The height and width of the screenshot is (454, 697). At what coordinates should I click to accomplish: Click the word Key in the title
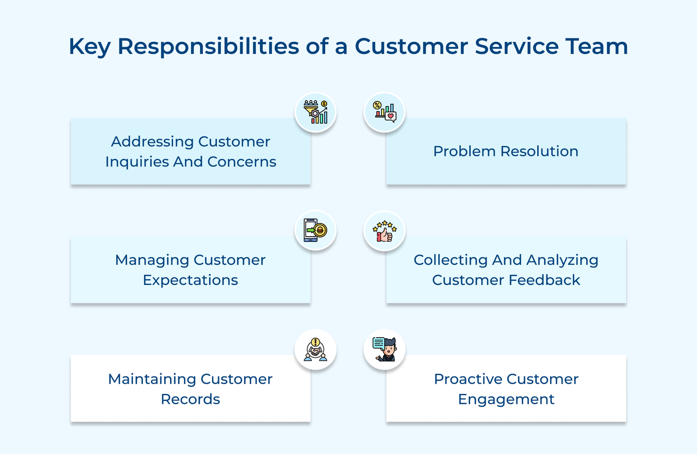pyautogui.click(x=89, y=47)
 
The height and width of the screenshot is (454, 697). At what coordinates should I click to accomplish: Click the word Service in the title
pyautogui.click(x=517, y=46)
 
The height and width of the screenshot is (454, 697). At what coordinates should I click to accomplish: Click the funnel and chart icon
pyautogui.click(x=315, y=112)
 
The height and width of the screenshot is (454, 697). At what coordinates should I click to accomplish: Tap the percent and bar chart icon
pyautogui.click(x=385, y=112)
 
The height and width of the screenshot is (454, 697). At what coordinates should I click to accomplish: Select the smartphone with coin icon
pyautogui.click(x=315, y=230)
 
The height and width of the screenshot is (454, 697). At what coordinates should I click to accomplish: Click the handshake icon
pyautogui.click(x=315, y=349)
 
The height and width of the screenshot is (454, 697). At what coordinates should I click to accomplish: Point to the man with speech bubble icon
pyautogui.click(x=385, y=349)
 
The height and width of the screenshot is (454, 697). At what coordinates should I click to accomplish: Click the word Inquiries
pyautogui.click(x=137, y=162)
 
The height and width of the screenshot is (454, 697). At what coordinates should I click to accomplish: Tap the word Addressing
pyautogui.click(x=152, y=142)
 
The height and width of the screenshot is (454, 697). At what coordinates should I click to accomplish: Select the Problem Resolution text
pyautogui.click(x=505, y=151)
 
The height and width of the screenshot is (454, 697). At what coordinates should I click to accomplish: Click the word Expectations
pyautogui.click(x=190, y=280)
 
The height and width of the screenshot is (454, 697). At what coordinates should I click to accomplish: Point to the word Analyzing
pyautogui.click(x=562, y=260)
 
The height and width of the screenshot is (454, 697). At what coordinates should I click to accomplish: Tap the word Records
pyautogui.click(x=190, y=399)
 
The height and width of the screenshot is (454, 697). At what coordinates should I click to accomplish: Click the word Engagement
pyautogui.click(x=506, y=400)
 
